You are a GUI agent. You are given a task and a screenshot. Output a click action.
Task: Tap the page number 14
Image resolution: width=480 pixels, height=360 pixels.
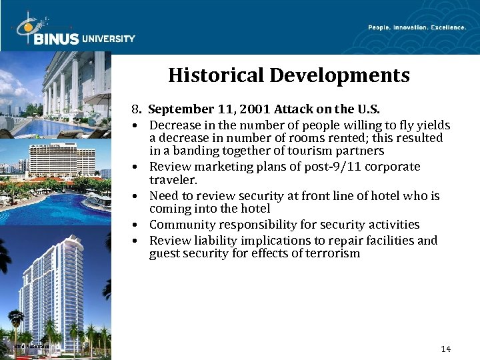446,349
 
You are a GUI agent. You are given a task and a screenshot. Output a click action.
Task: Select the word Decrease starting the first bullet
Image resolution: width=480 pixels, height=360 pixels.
175,125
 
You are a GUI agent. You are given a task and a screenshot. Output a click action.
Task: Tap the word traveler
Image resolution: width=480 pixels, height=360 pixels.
173,179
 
